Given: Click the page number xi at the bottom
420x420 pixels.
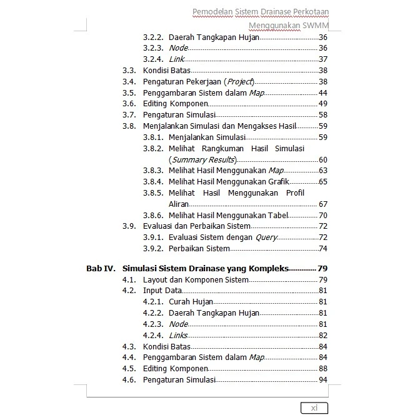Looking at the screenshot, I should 314,408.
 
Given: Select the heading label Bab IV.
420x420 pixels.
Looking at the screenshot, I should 101,268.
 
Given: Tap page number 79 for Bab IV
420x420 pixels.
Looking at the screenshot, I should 322,268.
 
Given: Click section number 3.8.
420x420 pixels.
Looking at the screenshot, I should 129,126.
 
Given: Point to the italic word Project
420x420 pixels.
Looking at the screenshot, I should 240,81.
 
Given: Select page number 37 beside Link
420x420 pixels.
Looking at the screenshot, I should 322,59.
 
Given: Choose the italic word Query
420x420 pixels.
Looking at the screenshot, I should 266,237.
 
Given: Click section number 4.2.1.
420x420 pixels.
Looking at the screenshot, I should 152,302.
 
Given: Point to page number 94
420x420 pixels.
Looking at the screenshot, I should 322,380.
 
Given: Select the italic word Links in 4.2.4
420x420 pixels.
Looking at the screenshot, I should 179,336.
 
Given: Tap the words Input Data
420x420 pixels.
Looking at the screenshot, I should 162,291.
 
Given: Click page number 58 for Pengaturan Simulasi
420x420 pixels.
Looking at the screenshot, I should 322,114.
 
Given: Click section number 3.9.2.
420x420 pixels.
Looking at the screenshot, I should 152,249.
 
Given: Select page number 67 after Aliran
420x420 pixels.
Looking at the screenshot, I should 322,204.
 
